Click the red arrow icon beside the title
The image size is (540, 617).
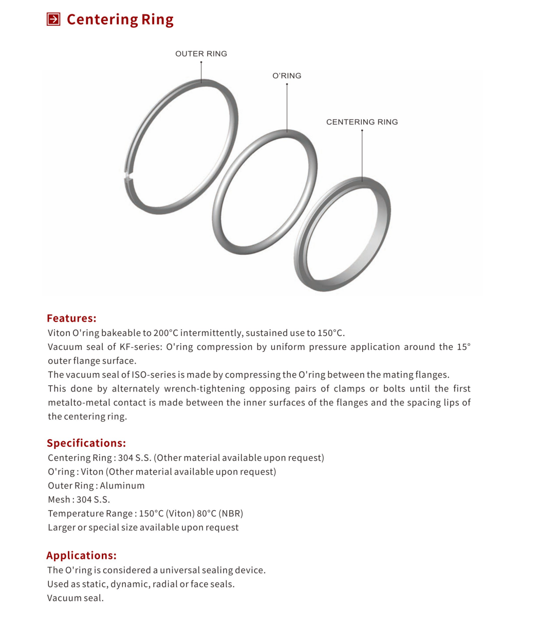coord(53,20)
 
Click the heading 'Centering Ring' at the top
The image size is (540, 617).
coord(120,20)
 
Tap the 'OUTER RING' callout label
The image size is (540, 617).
coord(201,53)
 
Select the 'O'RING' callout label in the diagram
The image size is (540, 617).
coord(287,76)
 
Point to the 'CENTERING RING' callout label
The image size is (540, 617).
coord(362,122)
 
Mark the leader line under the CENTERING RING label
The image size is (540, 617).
coord(362,154)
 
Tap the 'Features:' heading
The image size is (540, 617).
coord(71,318)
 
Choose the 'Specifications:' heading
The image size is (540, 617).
coord(86,443)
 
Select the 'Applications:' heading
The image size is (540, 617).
coord(81,555)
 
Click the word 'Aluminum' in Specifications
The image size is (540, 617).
coord(122,485)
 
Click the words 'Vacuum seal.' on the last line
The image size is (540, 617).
coord(75,598)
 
